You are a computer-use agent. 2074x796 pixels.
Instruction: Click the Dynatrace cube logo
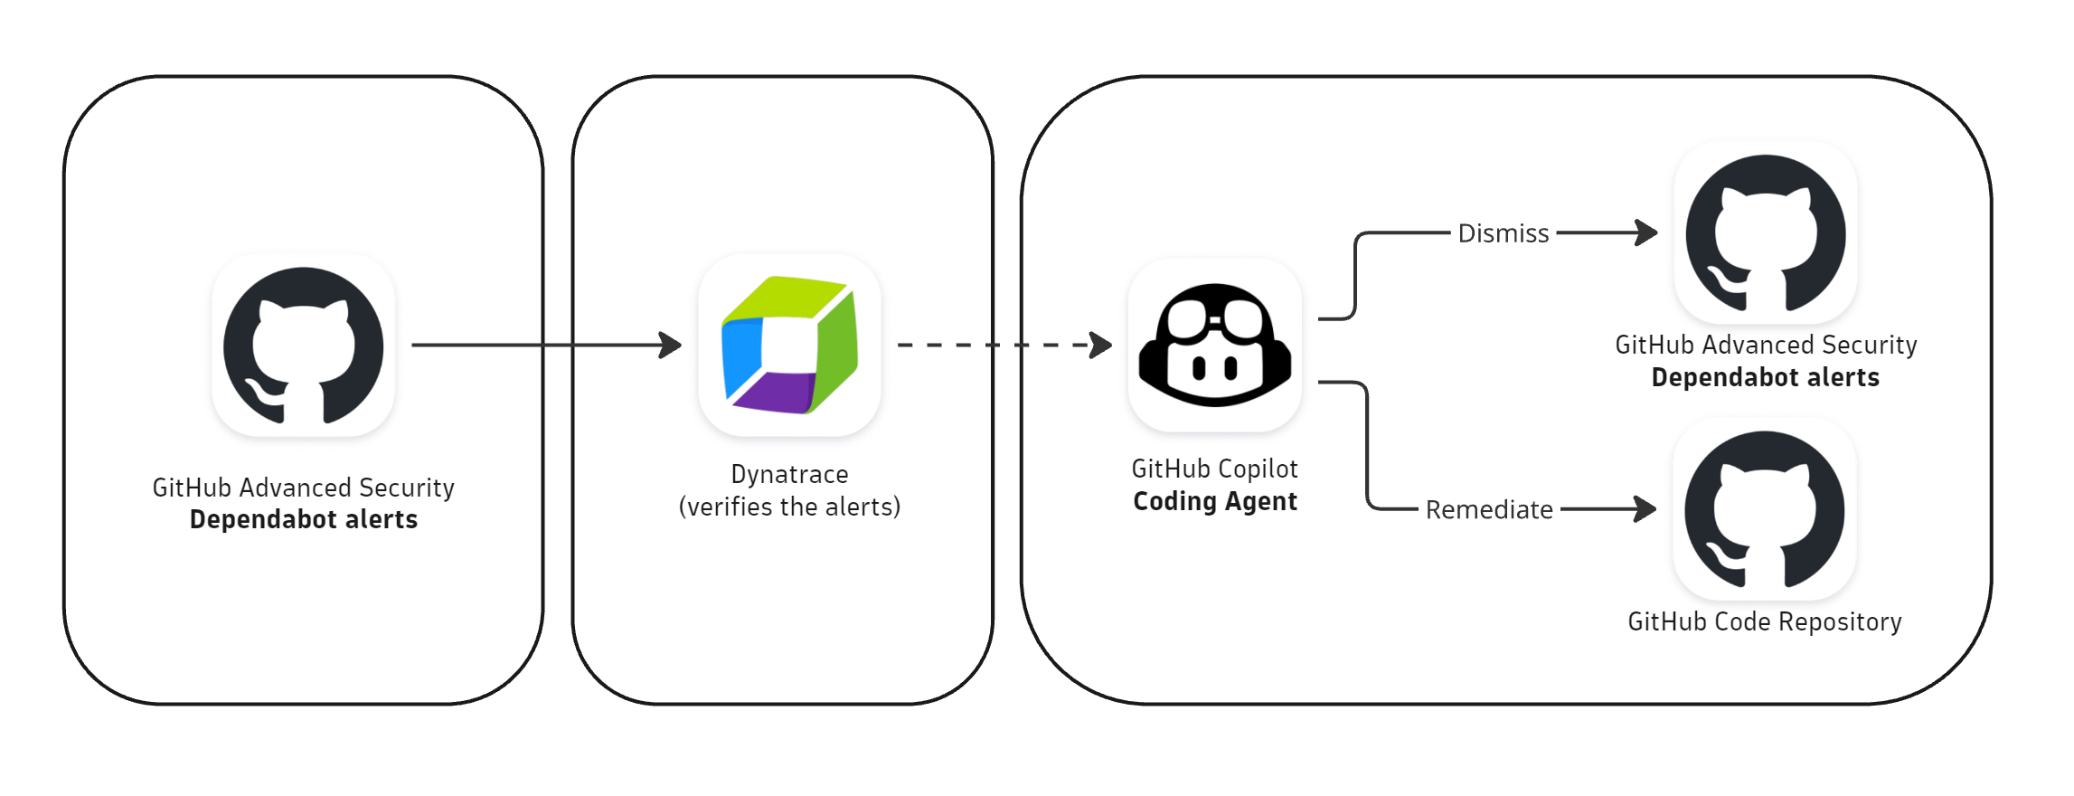click(x=789, y=346)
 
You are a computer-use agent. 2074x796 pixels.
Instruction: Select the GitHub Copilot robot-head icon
click(x=1214, y=346)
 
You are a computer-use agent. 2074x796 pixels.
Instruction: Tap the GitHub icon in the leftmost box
click(x=303, y=346)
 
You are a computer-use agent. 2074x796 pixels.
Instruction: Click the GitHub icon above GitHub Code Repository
click(x=1764, y=509)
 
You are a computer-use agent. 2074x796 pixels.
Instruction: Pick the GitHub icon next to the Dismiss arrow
click(x=1765, y=233)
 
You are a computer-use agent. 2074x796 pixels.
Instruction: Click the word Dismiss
click(x=1503, y=233)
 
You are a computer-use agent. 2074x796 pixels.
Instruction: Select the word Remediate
click(x=1488, y=510)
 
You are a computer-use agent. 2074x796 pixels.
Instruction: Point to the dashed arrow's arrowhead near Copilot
click(x=1102, y=345)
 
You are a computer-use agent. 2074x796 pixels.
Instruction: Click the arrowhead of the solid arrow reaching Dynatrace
click(x=672, y=345)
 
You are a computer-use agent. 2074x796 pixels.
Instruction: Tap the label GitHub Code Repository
click(x=1764, y=622)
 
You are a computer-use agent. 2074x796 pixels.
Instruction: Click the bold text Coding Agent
click(x=1214, y=501)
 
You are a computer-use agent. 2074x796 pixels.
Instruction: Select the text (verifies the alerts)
click(x=789, y=507)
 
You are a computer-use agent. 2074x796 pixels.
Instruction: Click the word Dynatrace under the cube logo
click(x=789, y=474)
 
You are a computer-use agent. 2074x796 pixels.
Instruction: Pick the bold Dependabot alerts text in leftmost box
click(x=303, y=520)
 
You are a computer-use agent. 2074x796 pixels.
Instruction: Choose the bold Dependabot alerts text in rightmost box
click(x=1765, y=378)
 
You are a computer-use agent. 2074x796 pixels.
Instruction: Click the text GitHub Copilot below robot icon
click(x=1214, y=469)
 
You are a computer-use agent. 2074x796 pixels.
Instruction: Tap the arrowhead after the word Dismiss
click(x=1648, y=232)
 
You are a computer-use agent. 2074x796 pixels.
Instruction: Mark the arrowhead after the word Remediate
click(x=1646, y=509)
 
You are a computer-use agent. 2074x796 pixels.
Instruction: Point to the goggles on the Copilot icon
click(x=1215, y=318)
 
